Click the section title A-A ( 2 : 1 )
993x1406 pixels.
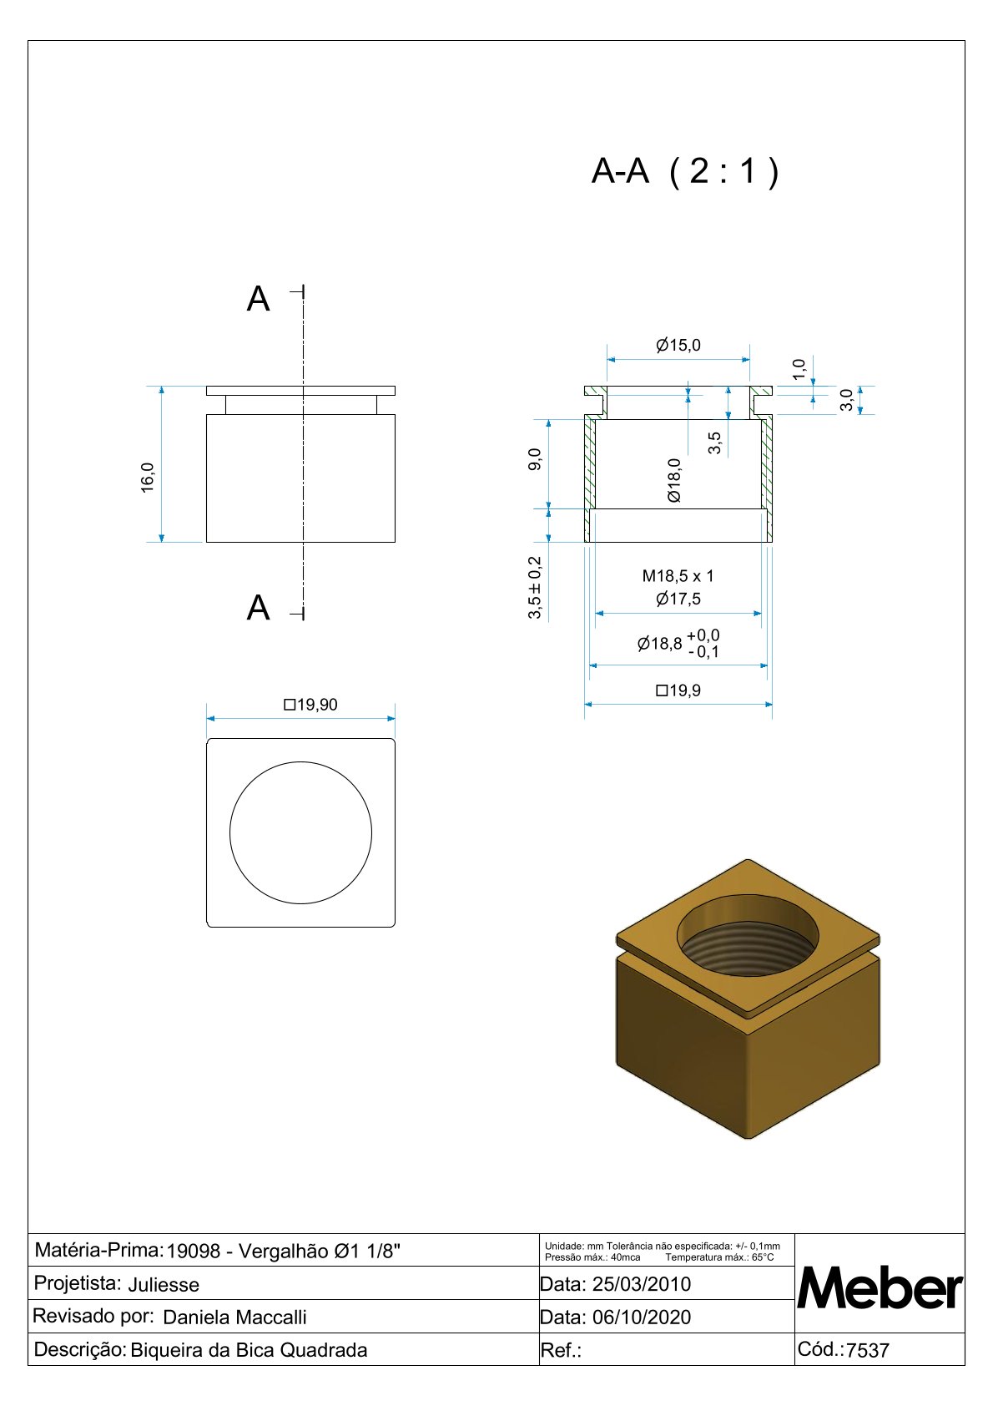point(685,170)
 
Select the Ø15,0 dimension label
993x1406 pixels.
point(678,345)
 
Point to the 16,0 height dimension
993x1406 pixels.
point(148,478)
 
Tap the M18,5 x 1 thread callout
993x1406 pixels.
point(678,575)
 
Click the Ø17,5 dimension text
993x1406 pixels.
point(678,599)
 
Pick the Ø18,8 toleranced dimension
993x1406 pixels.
point(678,644)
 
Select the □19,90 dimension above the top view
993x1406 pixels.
point(310,705)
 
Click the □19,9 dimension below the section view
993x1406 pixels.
point(678,690)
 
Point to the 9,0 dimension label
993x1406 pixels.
point(534,459)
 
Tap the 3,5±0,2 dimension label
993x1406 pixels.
point(534,588)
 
